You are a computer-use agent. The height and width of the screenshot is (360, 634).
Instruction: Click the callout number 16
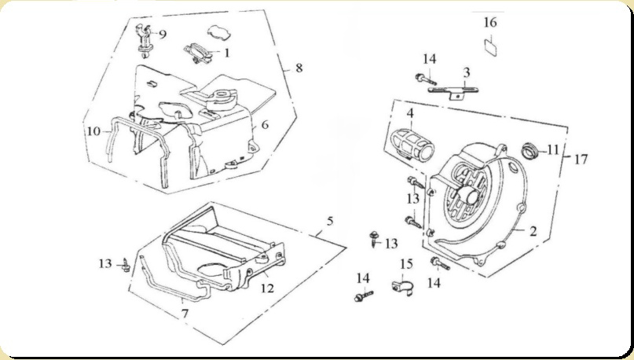(490, 22)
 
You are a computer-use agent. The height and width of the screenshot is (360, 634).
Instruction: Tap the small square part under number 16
(491, 46)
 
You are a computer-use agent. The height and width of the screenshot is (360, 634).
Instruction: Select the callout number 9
(162, 34)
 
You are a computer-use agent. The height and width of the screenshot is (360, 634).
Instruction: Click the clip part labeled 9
(145, 40)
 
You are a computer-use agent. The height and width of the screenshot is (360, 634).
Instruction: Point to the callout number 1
(226, 53)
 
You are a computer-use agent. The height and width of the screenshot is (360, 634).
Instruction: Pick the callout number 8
(299, 68)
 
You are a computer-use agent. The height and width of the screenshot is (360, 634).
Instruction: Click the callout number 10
(93, 131)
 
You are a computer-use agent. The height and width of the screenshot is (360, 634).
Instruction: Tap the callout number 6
(265, 124)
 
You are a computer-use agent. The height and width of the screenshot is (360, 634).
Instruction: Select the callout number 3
(467, 73)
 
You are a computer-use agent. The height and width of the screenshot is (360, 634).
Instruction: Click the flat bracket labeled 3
(453, 90)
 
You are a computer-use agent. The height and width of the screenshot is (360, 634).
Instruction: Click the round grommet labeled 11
(530, 150)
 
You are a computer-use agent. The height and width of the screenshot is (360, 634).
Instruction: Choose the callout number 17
(581, 160)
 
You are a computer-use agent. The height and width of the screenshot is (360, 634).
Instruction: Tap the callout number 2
(533, 231)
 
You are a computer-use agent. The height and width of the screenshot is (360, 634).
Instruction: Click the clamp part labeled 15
(402, 285)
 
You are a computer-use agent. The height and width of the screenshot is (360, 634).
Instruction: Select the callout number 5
(330, 221)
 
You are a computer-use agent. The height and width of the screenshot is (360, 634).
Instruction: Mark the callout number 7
(185, 314)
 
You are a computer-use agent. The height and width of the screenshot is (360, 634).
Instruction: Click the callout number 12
(267, 288)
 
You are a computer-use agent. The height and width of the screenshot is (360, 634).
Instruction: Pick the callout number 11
(553, 150)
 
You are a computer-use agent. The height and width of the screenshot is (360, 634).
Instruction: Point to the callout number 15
(406, 264)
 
